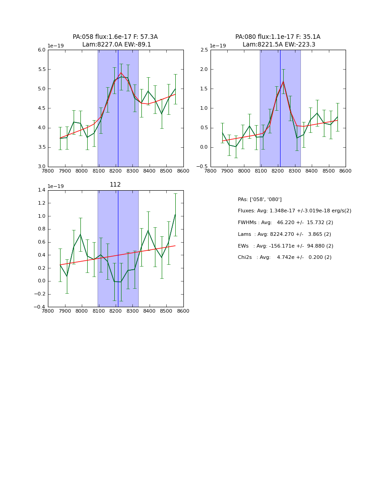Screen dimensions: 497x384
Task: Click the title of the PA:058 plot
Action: click(115, 41)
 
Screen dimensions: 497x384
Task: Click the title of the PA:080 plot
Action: click(278, 41)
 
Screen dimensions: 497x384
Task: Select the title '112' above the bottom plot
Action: click(115, 184)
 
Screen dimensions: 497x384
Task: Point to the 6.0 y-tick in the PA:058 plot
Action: click(42, 50)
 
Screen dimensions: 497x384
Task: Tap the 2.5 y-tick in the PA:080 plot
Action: click(204, 50)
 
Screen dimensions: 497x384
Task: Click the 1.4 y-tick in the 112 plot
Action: click(42, 190)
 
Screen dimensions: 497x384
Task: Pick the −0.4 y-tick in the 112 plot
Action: click(40, 307)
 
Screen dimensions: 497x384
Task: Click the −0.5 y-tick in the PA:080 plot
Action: click(202, 167)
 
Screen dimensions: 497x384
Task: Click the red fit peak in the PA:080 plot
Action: click(283, 81)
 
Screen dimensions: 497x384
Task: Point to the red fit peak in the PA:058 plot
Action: click(121, 73)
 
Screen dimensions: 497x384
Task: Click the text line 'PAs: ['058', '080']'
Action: click(260, 199)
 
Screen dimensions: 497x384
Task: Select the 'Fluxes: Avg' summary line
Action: click(294, 211)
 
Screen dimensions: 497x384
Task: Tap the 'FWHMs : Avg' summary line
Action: click(285, 223)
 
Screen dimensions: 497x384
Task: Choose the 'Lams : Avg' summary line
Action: click(284, 234)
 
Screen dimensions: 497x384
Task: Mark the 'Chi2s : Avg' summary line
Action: click(284, 258)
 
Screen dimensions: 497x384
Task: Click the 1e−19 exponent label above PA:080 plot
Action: click(218, 46)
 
